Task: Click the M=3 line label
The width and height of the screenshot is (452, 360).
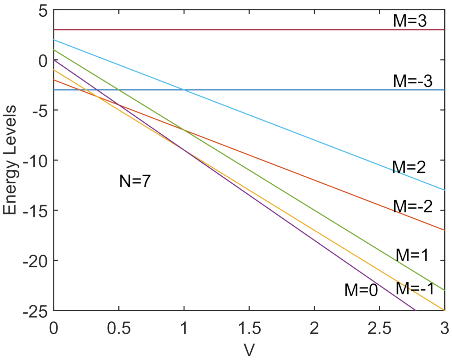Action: (x=410, y=21)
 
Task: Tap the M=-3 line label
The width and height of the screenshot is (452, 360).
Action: (x=413, y=81)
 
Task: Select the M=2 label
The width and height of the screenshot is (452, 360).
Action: (x=409, y=167)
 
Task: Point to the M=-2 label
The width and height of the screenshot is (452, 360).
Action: (x=413, y=206)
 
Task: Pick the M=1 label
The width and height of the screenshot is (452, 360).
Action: (x=412, y=255)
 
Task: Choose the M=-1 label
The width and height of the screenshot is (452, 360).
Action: (x=415, y=288)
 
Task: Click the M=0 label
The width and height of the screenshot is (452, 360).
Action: (x=361, y=290)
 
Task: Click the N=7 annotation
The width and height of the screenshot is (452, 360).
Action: (x=135, y=181)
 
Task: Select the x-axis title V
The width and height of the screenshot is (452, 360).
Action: (x=249, y=350)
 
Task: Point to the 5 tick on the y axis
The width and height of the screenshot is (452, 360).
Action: (x=43, y=10)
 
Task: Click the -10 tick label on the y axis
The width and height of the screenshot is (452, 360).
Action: (x=35, y=160)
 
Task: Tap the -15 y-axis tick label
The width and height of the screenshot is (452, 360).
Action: (x=35, y=210)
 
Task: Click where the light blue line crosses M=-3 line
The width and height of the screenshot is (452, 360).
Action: (x=184, y=90)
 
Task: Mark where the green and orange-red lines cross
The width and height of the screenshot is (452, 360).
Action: (x=184, y=130)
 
